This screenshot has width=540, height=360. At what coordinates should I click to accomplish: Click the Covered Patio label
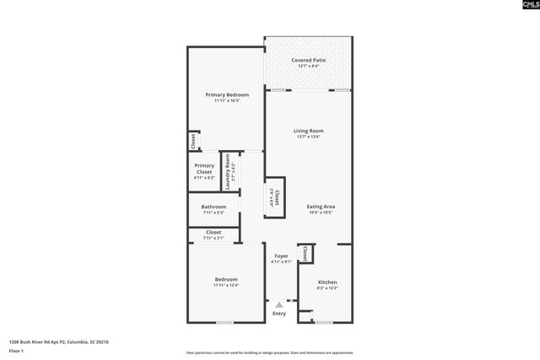click(308, 60)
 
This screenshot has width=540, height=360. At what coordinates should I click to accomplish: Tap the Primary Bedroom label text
click(226, 94)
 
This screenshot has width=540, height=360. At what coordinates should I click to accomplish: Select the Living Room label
click(308, 131)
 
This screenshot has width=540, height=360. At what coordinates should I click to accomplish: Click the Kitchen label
click(327, 282)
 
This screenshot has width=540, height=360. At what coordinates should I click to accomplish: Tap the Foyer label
click(280, 255)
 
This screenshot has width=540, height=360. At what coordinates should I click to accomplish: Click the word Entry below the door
click(279, 314)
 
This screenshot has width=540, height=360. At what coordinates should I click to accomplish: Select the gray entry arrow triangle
click(279, 304)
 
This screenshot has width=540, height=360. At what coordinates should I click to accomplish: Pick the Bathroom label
click(213, 207)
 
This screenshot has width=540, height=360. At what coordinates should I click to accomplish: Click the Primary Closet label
click(204, 169)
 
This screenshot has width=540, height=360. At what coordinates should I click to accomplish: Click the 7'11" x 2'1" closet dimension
click(213, 238)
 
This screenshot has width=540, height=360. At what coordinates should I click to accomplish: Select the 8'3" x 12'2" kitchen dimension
click(327, 288)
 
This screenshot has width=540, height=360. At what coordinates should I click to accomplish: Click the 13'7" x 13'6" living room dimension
click(308, 137)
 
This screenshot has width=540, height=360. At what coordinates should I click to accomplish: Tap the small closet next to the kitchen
click(305, 252)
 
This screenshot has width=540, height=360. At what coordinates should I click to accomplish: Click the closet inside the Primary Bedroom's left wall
click(192, 141)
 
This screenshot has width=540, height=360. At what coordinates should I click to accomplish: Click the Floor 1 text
click(16, 350)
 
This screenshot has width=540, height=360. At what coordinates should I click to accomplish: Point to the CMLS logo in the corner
click(522, 7)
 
